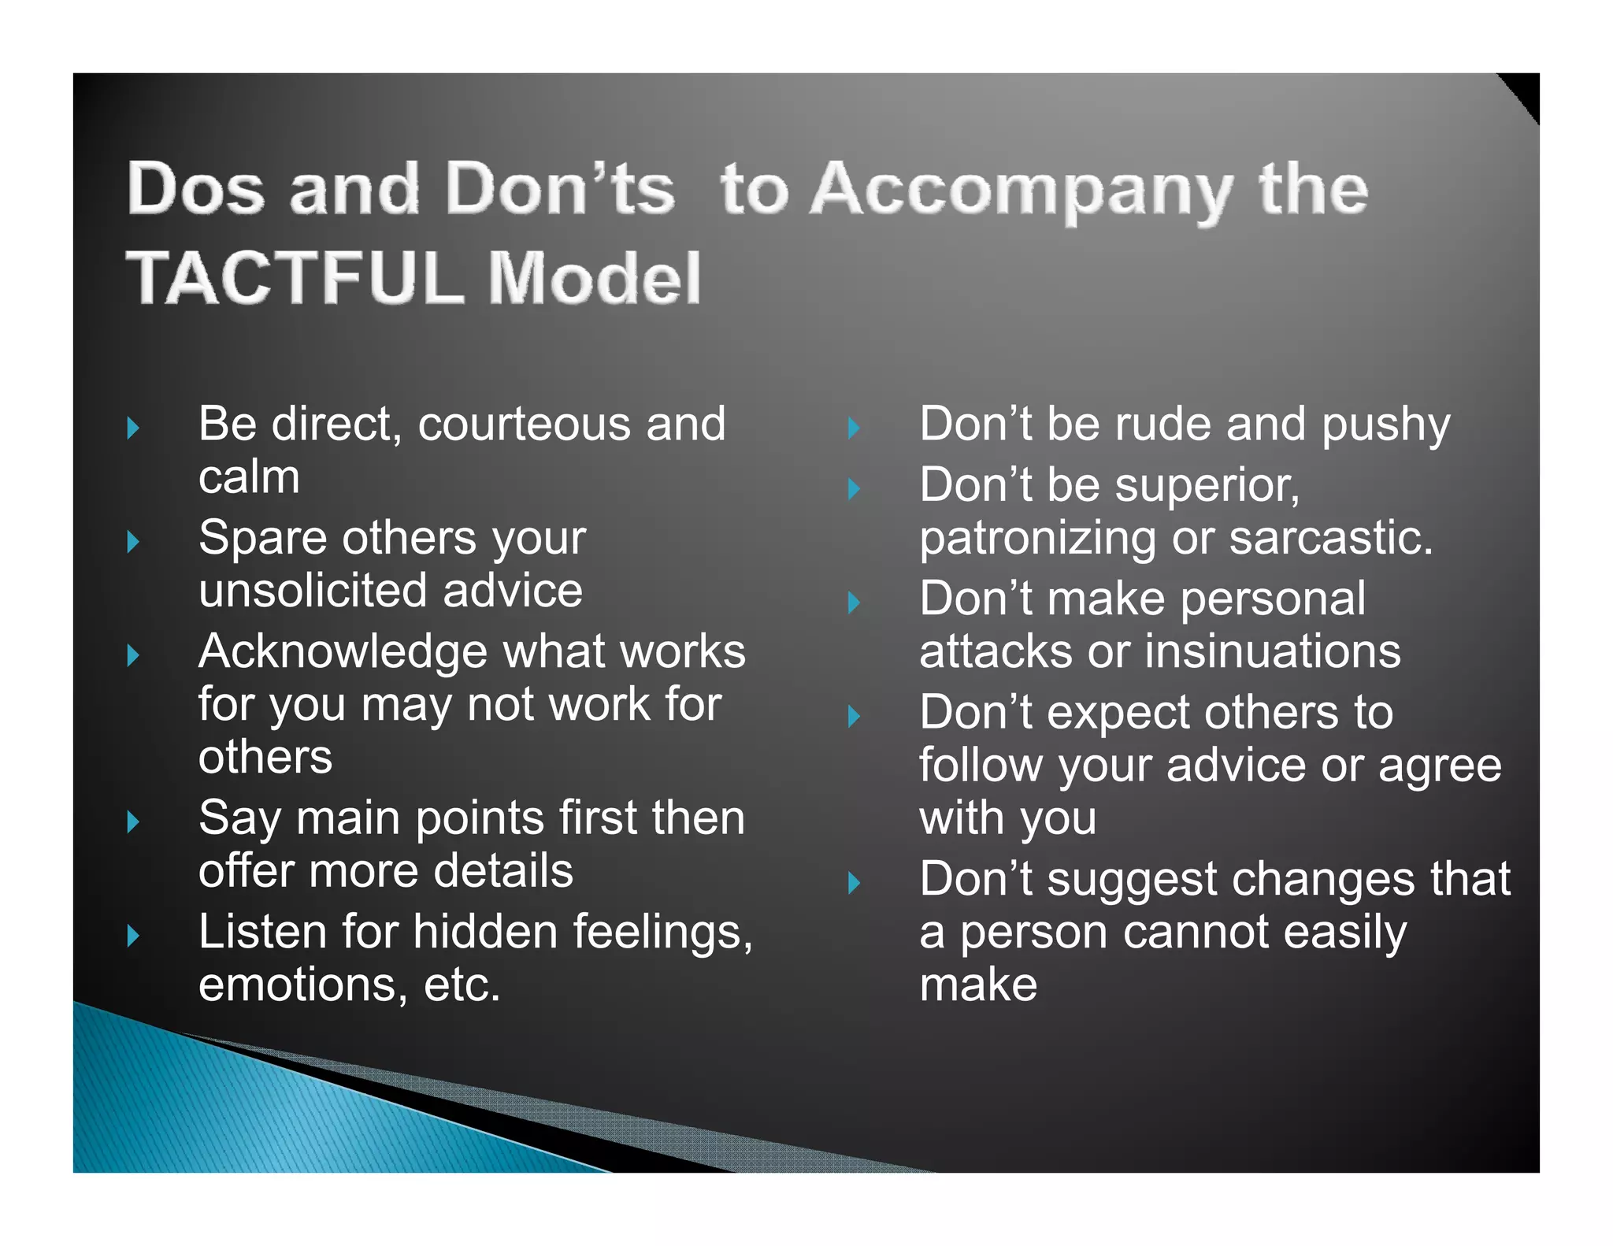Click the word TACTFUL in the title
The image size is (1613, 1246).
pos(295,277)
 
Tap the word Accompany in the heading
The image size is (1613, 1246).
pos(1022,191)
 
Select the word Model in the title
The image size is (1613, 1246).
pos(595,277)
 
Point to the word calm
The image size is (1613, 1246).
pos(249,477)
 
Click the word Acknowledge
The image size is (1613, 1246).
pos(343,652)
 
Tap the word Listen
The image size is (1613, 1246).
pos(262,932)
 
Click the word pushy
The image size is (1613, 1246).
pos(1385,425)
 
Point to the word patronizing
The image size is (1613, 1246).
pos(1036,540)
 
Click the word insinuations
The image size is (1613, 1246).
pos(1273,652)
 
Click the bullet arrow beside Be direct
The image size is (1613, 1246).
pos(133,428)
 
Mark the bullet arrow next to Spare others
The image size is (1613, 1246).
pos(133,542)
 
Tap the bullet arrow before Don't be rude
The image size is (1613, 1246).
pos(855,428)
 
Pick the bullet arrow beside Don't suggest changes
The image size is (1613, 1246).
pos(855,883)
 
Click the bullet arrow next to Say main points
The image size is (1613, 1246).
pos(133,822)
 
